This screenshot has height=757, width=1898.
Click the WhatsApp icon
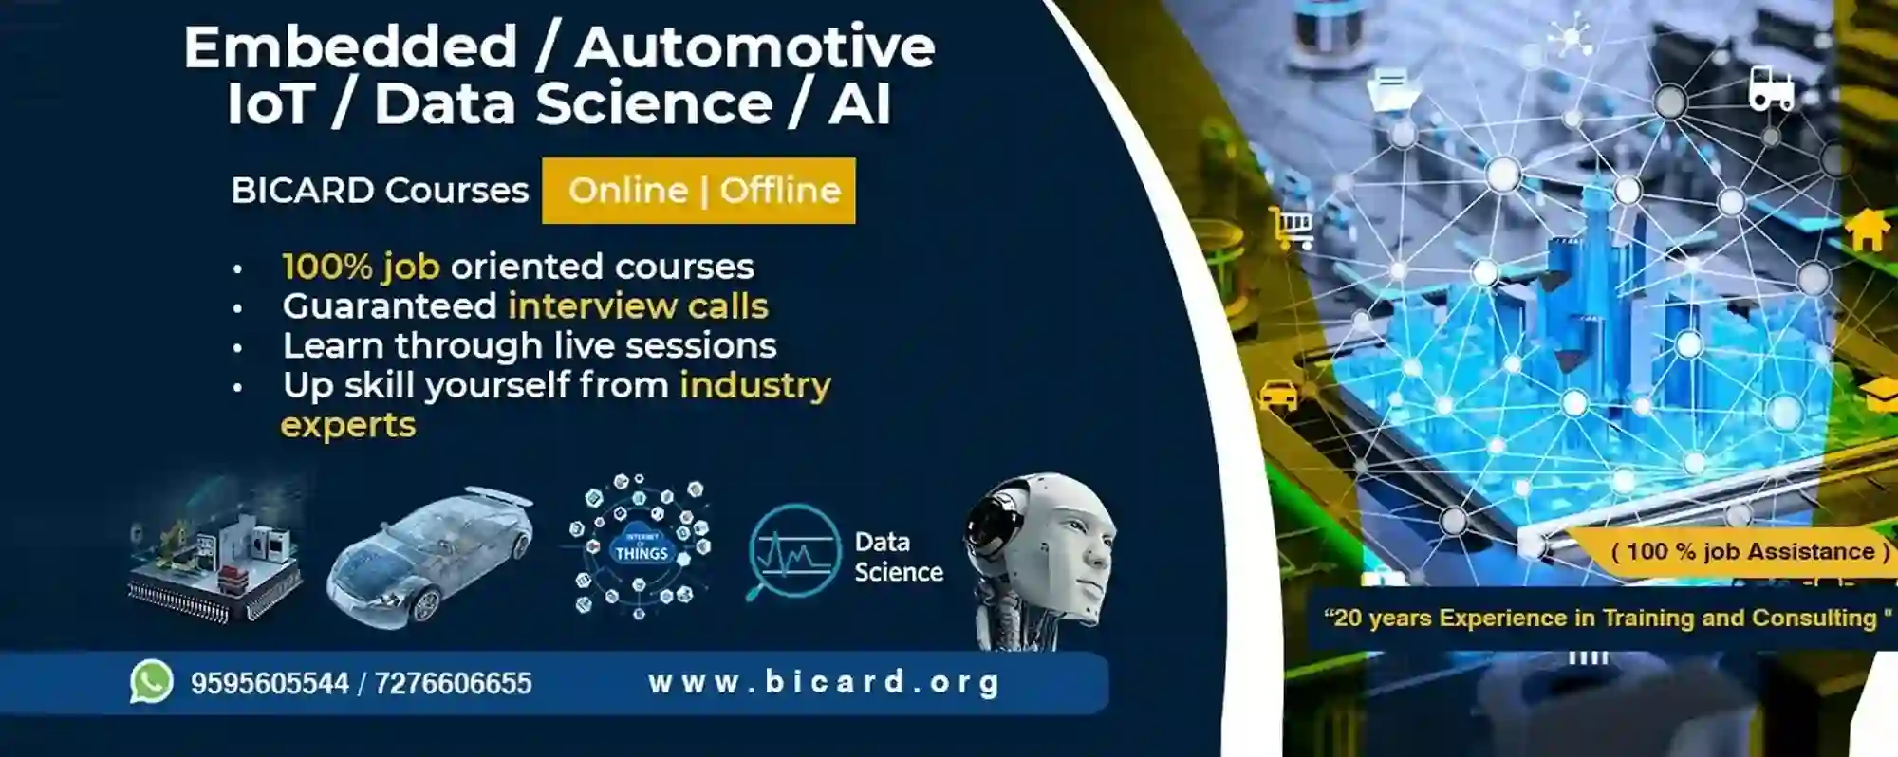[151, 682]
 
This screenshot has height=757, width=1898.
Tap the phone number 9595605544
[270, 683]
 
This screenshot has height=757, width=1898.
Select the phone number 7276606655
[453, 683]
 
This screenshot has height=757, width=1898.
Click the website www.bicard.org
[824, 682]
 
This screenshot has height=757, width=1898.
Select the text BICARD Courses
[380, 191]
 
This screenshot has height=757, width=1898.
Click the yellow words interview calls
[638, 306]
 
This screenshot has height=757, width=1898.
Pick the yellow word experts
[348, 425]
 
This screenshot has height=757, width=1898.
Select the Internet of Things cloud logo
[641, 547]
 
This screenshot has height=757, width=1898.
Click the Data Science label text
[898, 557]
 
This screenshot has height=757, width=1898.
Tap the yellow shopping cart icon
[1292, 227]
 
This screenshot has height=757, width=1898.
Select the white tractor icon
[1771, 89]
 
